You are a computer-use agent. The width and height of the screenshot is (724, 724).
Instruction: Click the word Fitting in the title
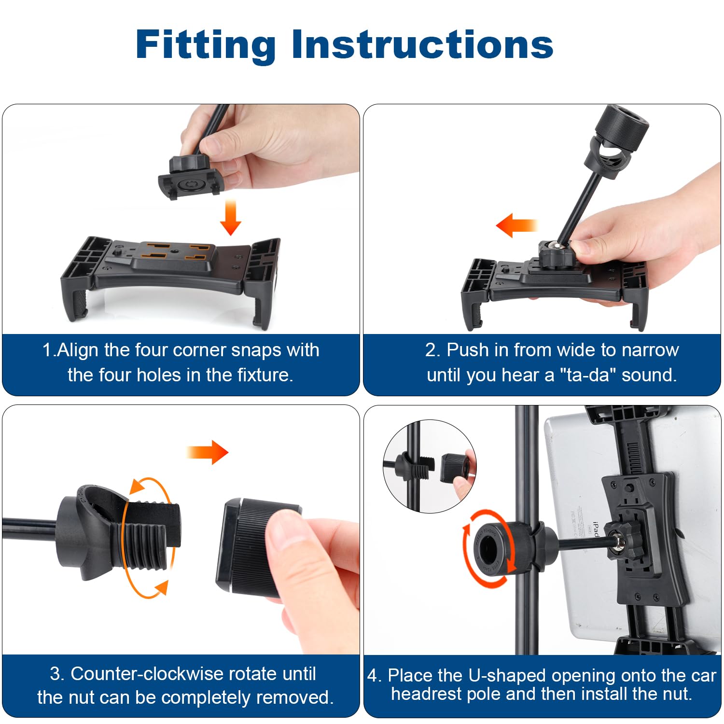[206, 45]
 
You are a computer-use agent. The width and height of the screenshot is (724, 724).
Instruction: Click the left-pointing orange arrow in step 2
[517, 225]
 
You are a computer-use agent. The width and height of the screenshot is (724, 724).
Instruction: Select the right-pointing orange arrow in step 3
[208, 452]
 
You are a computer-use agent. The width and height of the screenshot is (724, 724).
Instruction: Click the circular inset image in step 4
[430, 466]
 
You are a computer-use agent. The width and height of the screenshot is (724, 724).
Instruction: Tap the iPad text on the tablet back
[595, 529]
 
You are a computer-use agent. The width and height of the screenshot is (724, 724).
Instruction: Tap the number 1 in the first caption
[47, 350]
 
